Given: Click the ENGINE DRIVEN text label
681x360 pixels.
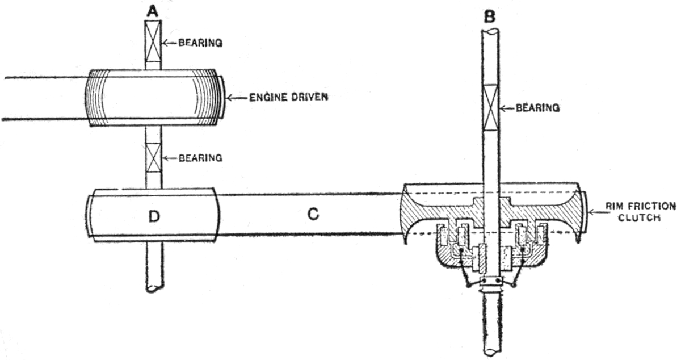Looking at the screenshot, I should point(282,98).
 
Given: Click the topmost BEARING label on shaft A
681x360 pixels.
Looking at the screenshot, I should point(199,42).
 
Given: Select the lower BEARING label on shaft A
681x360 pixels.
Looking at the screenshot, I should point(199,158).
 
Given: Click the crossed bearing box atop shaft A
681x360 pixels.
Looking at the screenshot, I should point(154,41).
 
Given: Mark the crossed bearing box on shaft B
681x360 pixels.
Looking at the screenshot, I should point(491,106).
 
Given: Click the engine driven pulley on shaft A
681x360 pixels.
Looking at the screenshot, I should point(153,98).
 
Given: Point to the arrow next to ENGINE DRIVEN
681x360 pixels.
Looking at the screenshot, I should point(236,98).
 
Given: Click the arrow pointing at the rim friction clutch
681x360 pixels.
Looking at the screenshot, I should point(595,213).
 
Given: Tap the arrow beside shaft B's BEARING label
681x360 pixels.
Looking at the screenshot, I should point(507,107).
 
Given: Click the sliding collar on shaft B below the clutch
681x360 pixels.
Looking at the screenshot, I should point(491,282).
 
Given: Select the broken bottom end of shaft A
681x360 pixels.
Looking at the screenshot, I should point(154,287).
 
